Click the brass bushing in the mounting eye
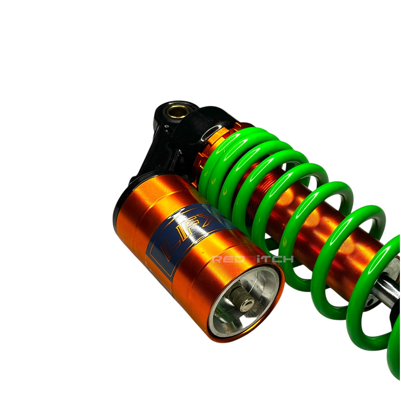pos(177,111)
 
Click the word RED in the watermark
pos(227,259)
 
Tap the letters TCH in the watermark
pos(280,259)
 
